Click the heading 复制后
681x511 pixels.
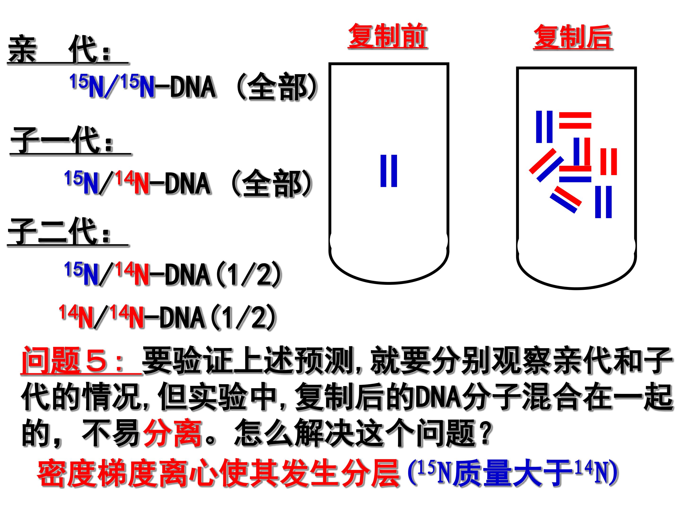click(x=573, y=37)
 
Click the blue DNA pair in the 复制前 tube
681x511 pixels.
click(x=389, y=171)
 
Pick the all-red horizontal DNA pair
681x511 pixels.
click(x=575, y=120)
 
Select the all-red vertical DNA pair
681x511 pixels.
click(x=609, y=162)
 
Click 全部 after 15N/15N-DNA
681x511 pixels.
click(x=277, y=87)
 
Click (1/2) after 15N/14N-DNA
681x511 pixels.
click(x=249, y=274)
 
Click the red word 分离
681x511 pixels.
click(x=172, y=434)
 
